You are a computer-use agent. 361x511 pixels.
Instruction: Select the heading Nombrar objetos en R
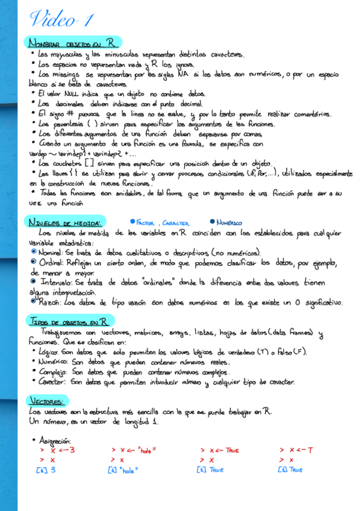coord(72,44)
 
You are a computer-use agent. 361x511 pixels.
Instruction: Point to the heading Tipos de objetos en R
coord(67,322)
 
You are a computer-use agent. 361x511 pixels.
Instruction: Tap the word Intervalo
coord(52,282)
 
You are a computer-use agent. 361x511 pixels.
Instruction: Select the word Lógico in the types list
coord(48,351)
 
